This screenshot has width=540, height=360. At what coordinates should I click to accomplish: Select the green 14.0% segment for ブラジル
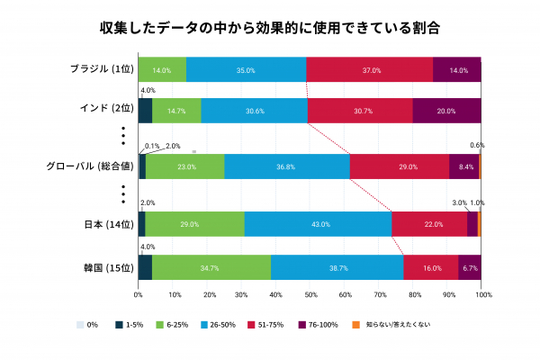tap(162, 69)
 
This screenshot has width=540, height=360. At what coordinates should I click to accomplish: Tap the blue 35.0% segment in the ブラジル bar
tap(247, 69)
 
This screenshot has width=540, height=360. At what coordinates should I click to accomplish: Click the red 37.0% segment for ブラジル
tap(369, 69)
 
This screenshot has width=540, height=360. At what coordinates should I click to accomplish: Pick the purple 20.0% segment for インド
tap(446, 111)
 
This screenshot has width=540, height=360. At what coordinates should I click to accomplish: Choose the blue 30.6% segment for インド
tap(254, 111)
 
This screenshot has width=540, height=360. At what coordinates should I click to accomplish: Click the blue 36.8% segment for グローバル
tap(286, 166)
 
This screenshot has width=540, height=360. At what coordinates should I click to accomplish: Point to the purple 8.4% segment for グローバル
tap(464, 166)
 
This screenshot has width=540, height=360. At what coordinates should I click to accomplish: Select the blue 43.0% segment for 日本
tap(318, 224)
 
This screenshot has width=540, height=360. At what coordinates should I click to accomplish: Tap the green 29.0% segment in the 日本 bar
tap(194, 224)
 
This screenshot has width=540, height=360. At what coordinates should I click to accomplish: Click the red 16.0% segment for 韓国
tap(430, 267)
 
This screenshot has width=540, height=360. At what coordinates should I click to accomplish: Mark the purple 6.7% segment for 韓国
tap(470, 267)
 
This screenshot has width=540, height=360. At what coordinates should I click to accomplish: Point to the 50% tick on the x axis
tap(310, 294)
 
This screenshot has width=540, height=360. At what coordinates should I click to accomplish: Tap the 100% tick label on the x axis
tap(483, 294)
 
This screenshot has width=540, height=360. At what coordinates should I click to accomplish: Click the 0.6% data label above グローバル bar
tap(477, 144)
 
